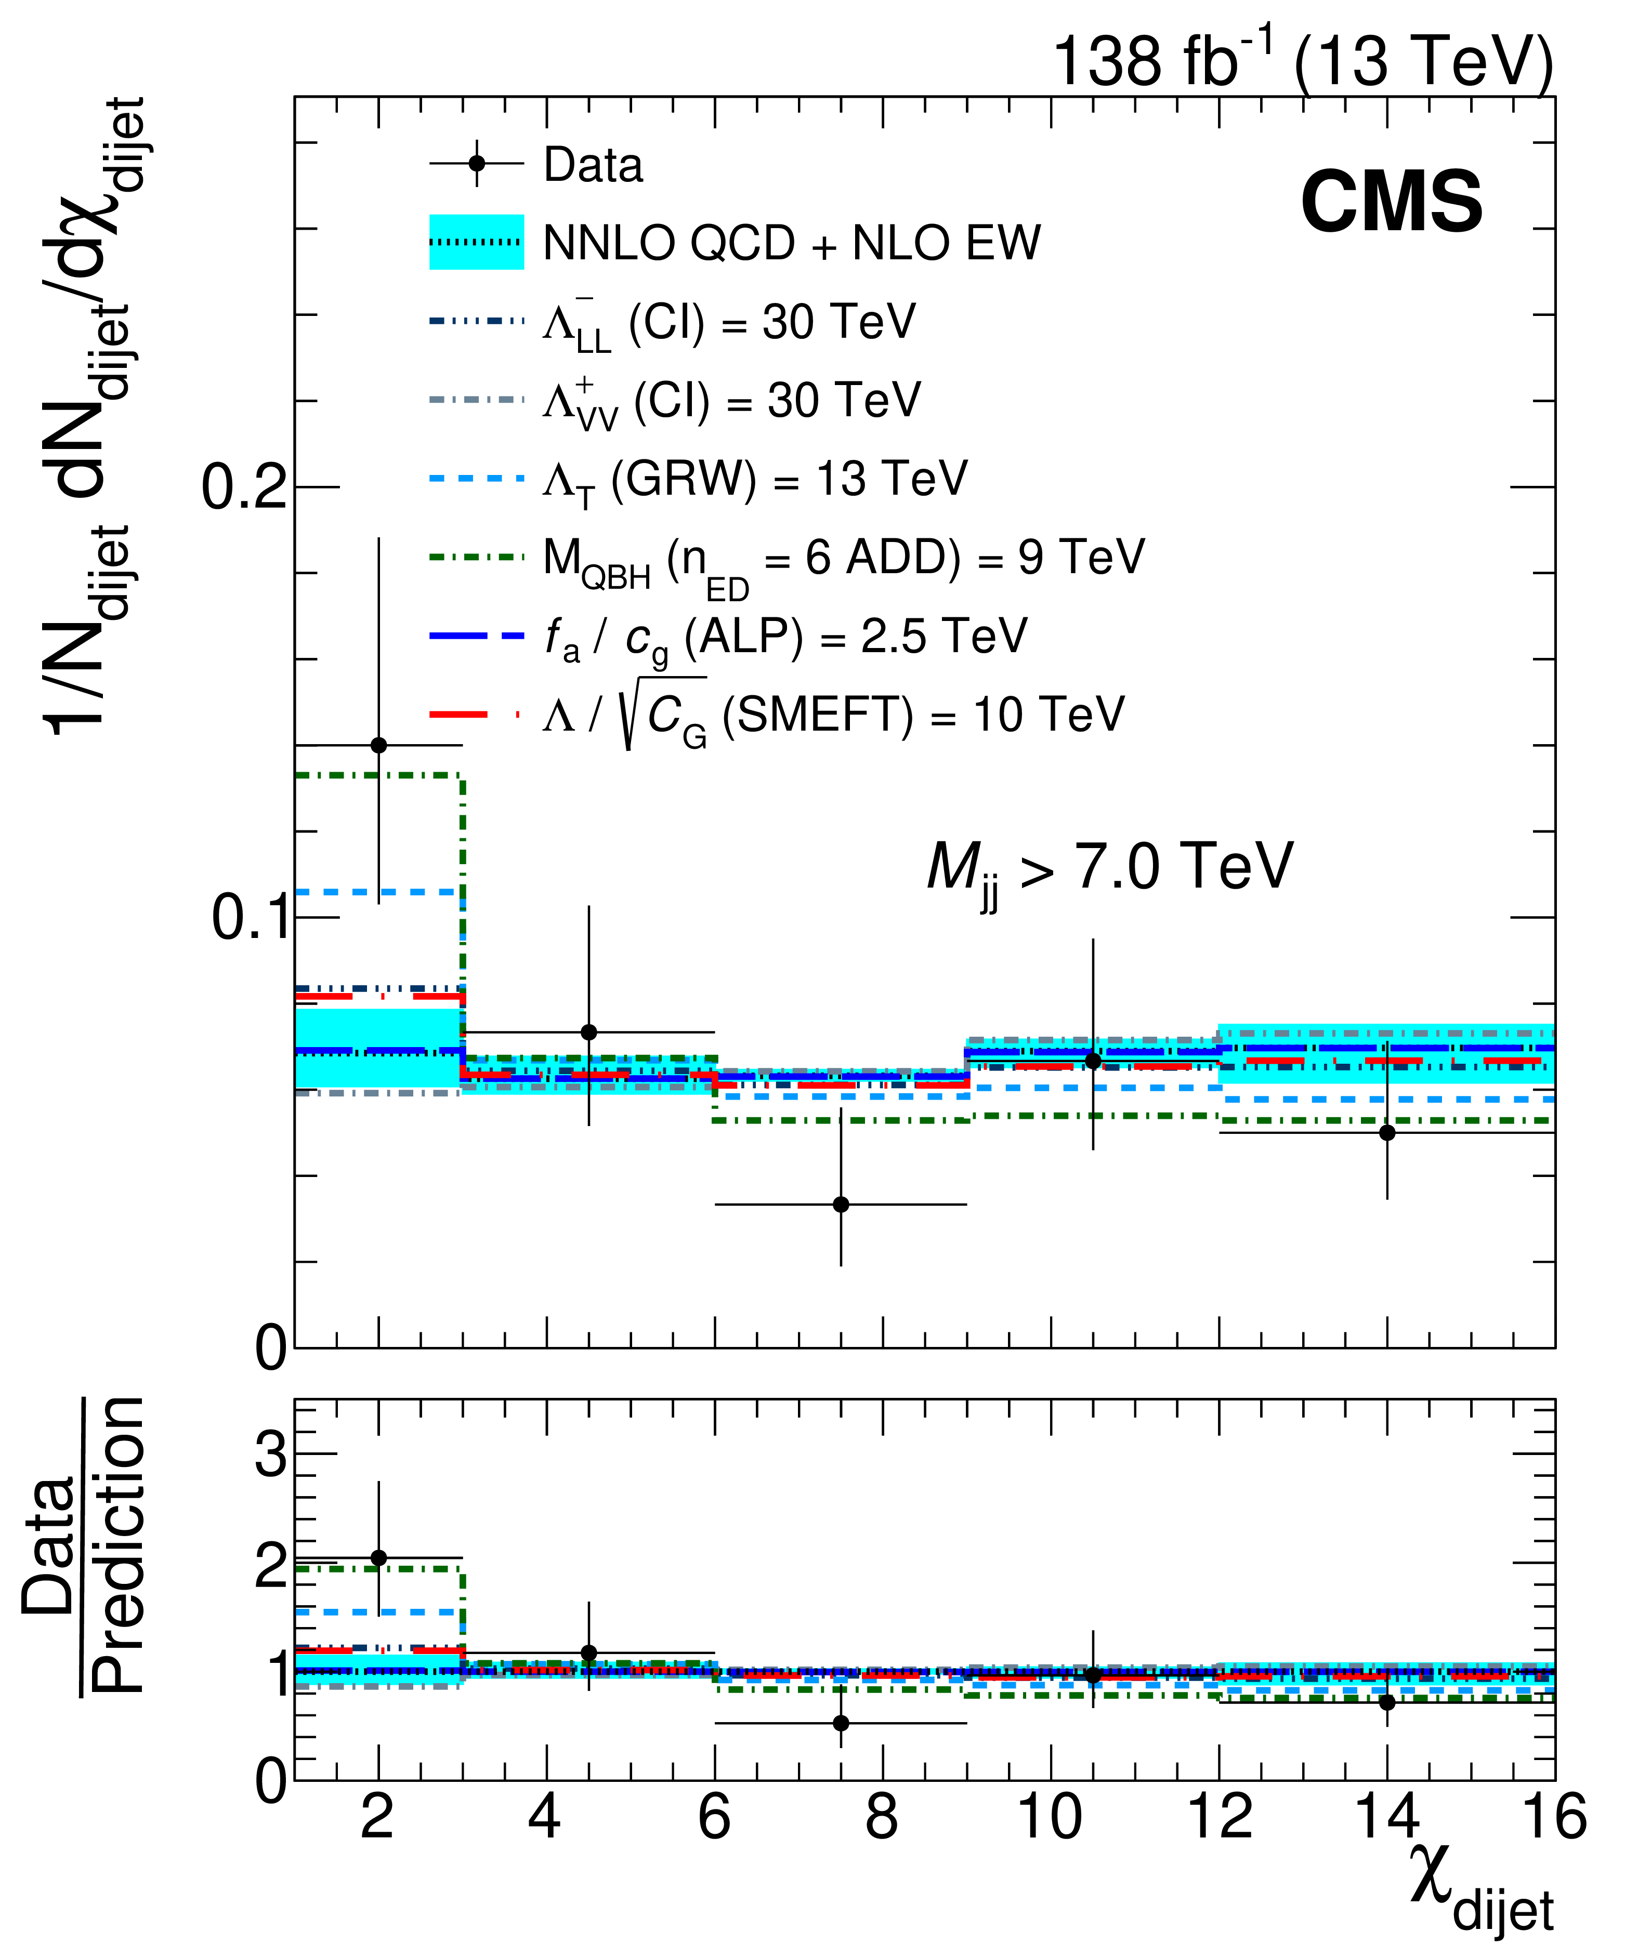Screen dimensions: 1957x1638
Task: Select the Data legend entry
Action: pos(593,166)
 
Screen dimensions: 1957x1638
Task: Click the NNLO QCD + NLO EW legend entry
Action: pos(791,243)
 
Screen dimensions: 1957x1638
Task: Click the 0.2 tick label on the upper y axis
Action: pos(244,487)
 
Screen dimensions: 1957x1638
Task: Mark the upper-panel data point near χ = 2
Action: pos(378,746)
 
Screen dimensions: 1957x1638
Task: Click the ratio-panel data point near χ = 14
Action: pos(1387,1702)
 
